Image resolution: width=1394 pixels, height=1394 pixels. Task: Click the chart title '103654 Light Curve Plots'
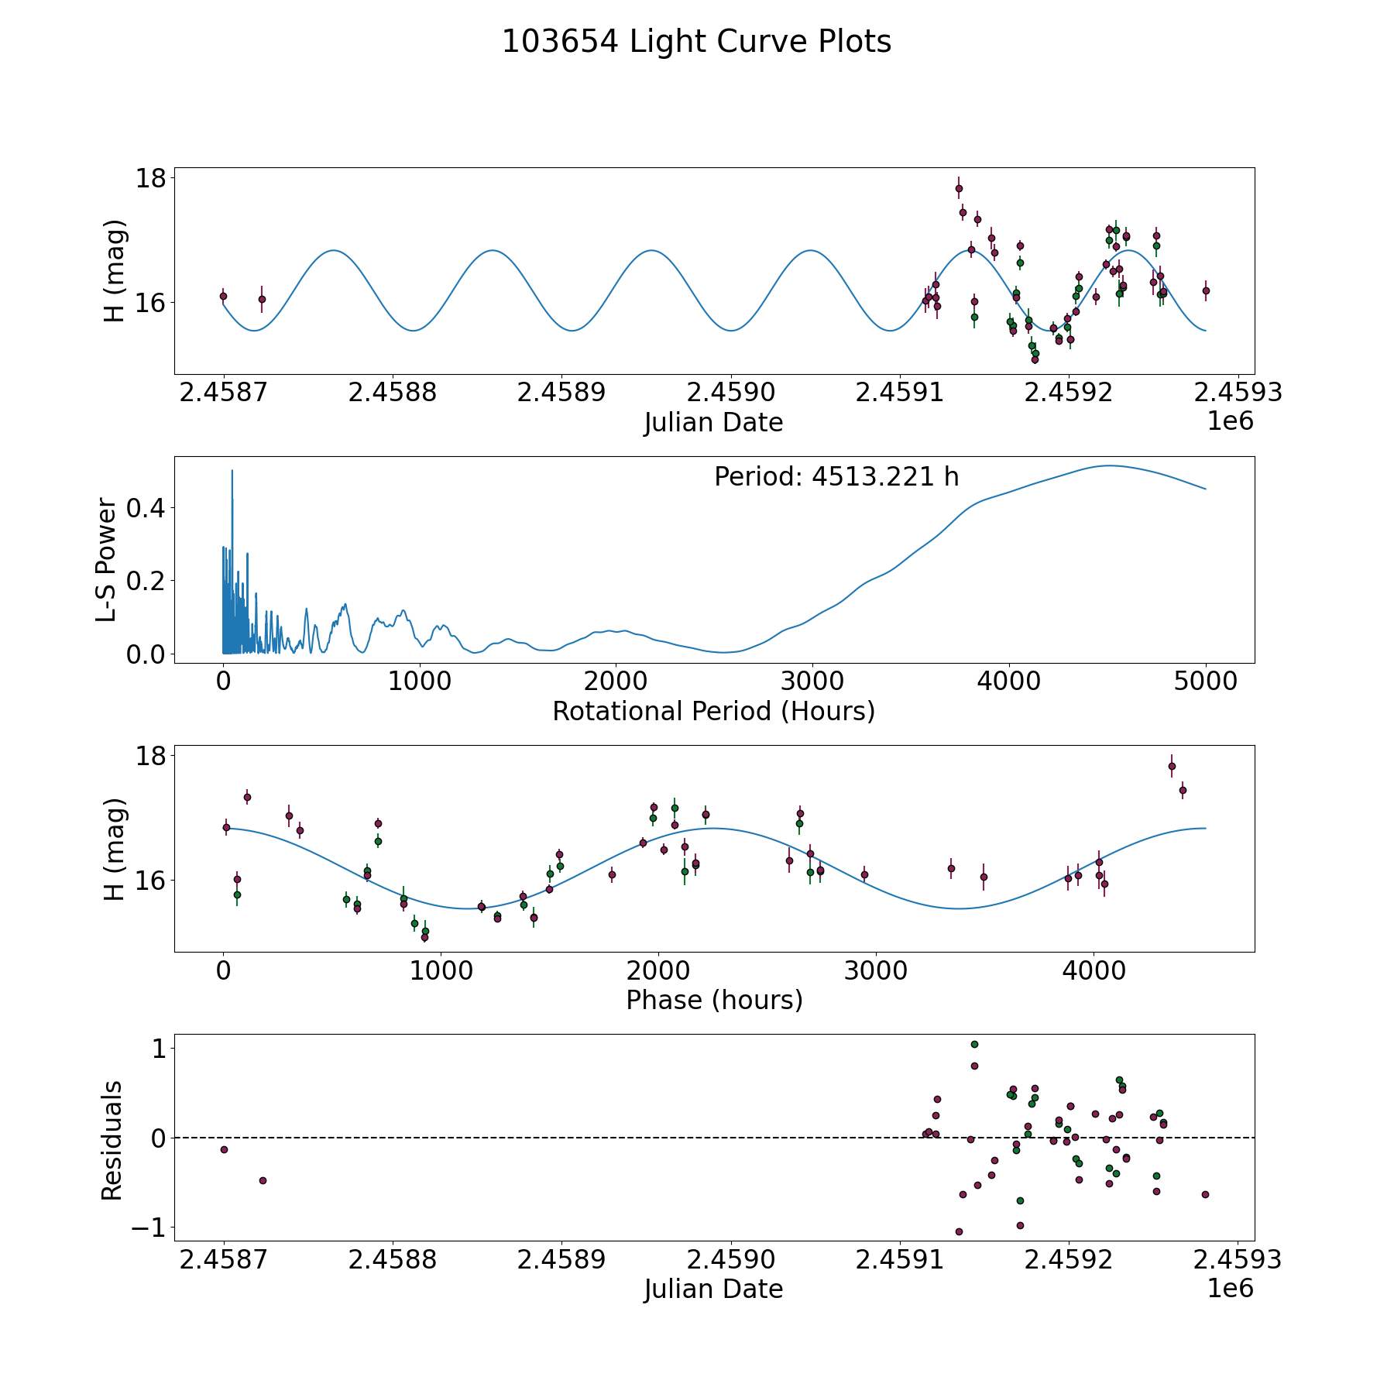(x=696, y=42)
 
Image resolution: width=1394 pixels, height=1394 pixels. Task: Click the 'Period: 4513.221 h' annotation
(x=836, y=477)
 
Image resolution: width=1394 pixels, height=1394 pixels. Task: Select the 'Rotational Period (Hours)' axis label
(x=713, y=712)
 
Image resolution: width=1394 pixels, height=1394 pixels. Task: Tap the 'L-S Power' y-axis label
(x=107, y=560)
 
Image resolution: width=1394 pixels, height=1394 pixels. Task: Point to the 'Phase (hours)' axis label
(x=714, y=1001)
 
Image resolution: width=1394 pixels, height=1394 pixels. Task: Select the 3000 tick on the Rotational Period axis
(x=812, y=682)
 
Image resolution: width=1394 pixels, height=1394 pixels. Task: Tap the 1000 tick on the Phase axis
(x=440, y=971)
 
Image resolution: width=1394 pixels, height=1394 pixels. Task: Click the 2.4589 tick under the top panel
(x=561, y=393)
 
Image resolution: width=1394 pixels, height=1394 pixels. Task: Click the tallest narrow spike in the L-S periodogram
(x=232, y=471)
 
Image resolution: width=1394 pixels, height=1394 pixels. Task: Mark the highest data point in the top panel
(x=959, y=188)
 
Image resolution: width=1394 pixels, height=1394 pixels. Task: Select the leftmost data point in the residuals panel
(x=224, y=1149)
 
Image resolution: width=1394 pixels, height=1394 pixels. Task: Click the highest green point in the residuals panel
(x=974, y=1044)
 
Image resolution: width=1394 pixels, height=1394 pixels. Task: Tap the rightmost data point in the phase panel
(x=1183, y=790)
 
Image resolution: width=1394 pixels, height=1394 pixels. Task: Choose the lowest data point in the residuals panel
(x=959, y=1231)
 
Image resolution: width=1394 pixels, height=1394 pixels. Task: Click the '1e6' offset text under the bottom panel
(x=1231, y=1289)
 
